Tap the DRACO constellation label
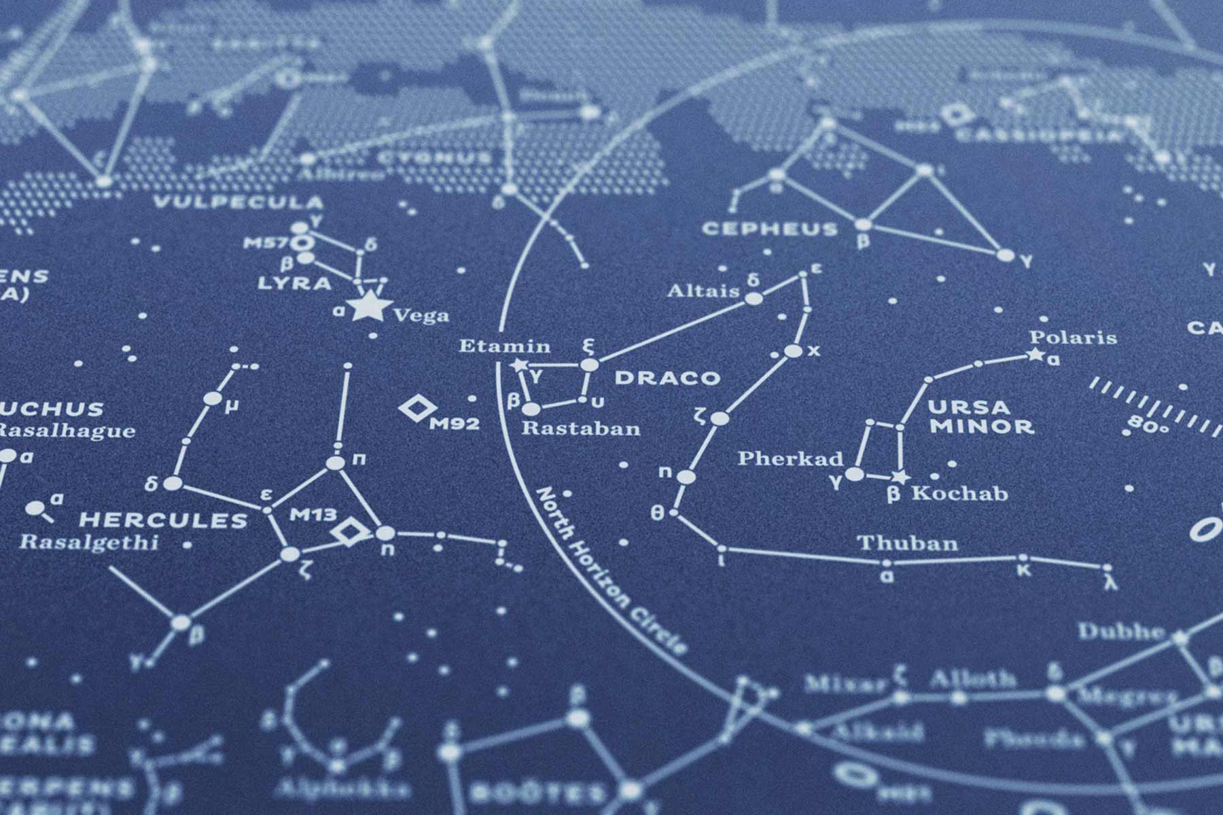pos(667,378)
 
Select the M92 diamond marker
pos(417,409)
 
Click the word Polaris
pos(1073,338)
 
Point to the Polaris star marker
pos(1035,354)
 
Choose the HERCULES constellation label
pos(163,521)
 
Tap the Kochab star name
pos(959,494)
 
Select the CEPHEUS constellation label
pos(769,229)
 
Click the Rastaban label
pos(581,429)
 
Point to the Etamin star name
pos(504,346)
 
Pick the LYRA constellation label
pos(294,283)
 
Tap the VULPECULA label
pos(238,202)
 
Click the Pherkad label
pos(790,458)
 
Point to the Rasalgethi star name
pos(88,543)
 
